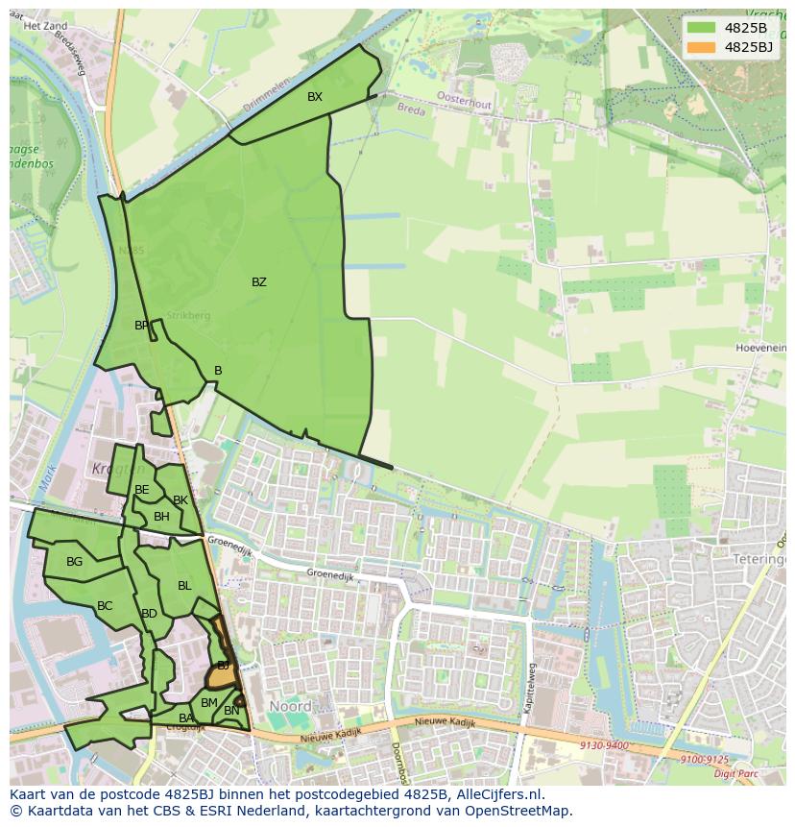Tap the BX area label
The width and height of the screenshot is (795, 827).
315,97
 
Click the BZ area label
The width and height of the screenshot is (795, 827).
258,282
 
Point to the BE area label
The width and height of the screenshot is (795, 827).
142,490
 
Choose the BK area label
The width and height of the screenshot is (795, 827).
181,500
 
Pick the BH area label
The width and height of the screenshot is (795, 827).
161,517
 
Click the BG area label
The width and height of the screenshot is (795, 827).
74,562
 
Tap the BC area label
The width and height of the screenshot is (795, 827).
105,606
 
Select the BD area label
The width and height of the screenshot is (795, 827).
149,614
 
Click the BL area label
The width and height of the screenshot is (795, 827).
184,586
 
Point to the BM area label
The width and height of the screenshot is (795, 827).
208,703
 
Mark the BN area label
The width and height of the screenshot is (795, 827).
231,711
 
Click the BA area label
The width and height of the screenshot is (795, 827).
186,718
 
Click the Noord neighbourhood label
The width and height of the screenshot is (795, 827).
290,706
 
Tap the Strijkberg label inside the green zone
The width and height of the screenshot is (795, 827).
187,315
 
